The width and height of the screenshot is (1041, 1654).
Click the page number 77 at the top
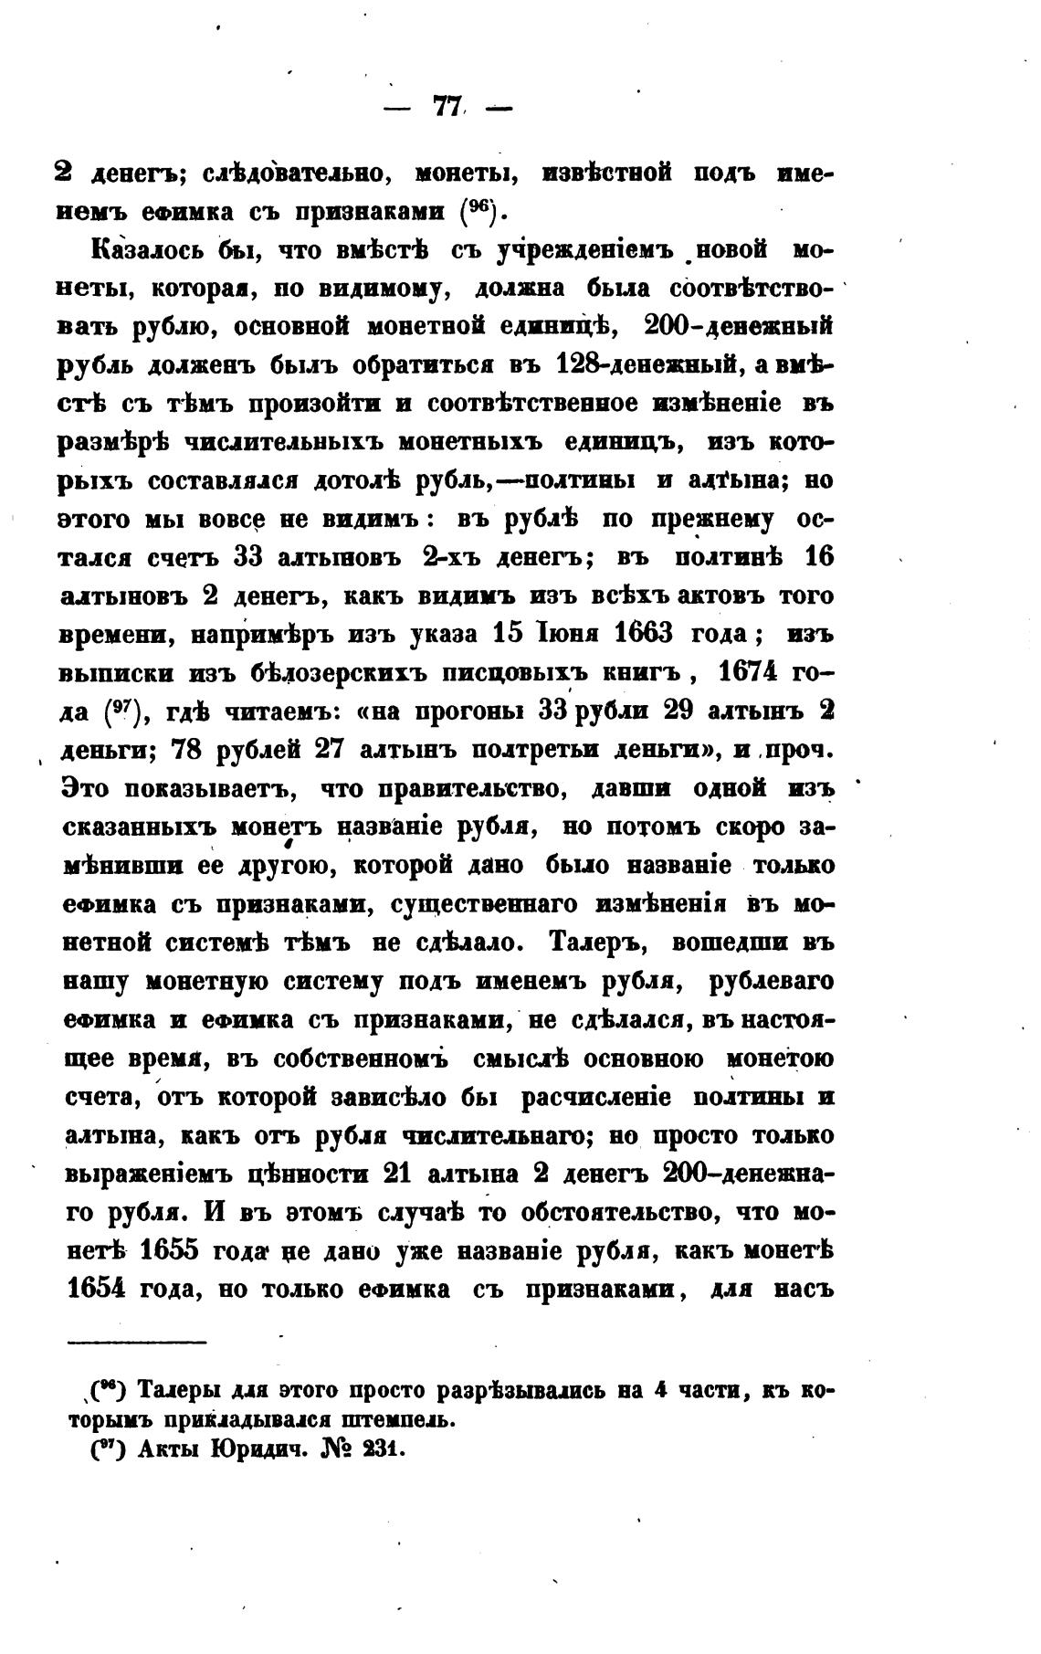[447, 108]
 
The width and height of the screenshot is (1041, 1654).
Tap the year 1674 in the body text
[748, 671]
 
